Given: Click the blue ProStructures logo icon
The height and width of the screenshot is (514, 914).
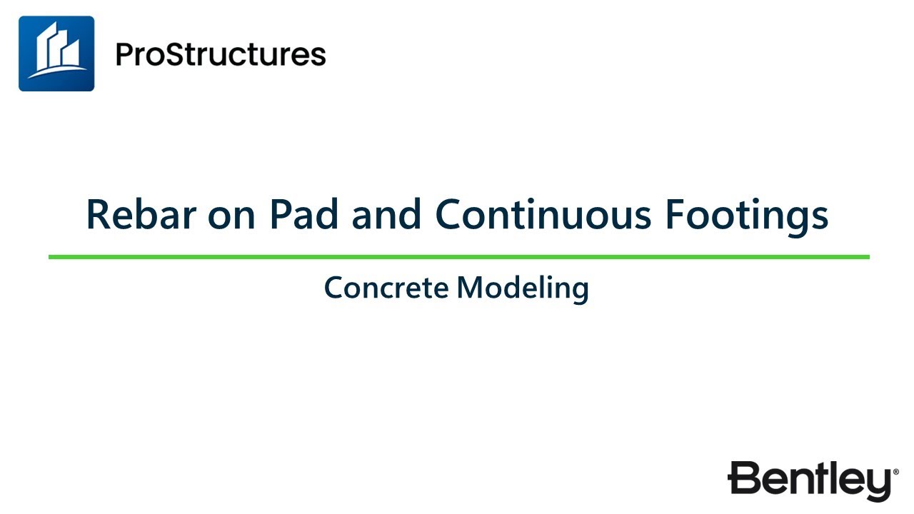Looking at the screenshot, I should pos(56,54).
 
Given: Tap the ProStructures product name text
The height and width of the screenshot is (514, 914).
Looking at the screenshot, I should pos(221,54).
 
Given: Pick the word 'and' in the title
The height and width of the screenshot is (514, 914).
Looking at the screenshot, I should pos(385,214).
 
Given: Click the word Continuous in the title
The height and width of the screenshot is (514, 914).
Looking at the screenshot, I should pos(543,214).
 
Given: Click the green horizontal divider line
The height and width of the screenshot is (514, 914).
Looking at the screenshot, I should pos(458,256).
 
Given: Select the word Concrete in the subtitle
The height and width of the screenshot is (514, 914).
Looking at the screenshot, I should pos(386,288).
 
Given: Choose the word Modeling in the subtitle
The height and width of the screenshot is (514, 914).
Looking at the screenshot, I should pos(523,289).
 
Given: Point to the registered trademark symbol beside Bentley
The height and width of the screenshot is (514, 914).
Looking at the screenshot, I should pos(895,472).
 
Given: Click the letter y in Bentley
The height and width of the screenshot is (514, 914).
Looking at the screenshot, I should pos(880,485).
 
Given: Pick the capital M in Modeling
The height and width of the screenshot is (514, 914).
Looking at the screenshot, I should pos(469,288).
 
